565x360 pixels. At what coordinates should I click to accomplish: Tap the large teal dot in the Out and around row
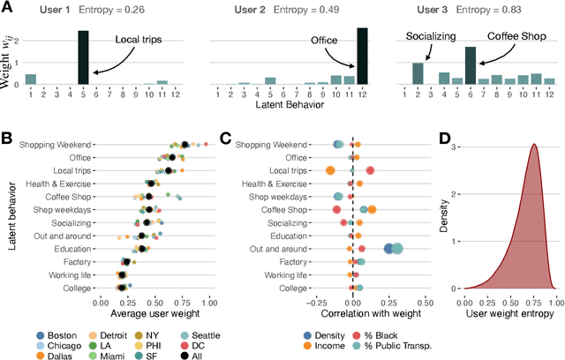pyautogui.click(x=396, y=249)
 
